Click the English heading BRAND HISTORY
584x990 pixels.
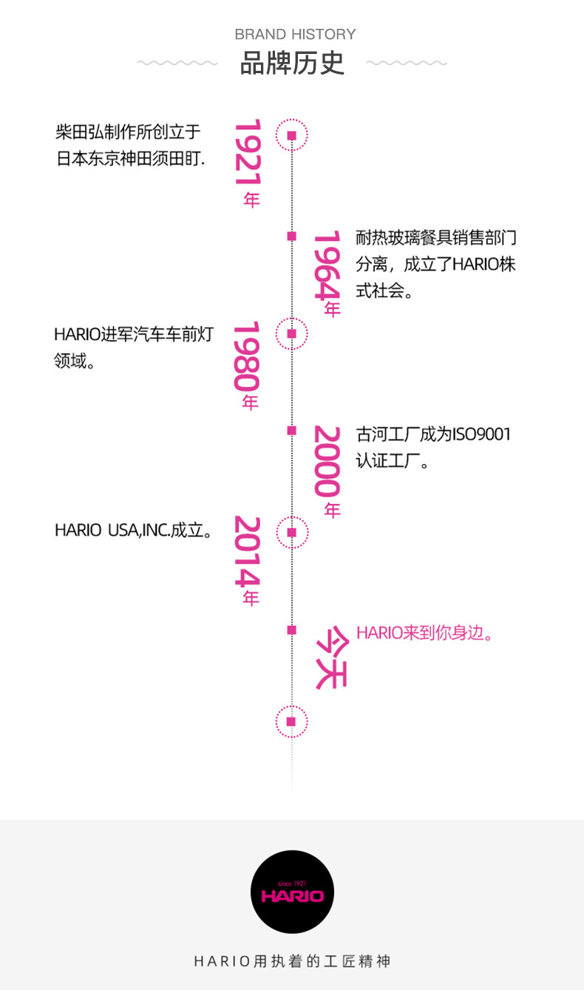click(295, 34)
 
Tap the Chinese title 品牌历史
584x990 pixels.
click(292, 64)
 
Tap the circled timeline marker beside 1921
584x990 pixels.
click(291, 135)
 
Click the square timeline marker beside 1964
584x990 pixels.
click(291, 236)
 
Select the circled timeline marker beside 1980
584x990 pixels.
click(291, 334)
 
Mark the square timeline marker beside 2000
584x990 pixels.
click(291, 430)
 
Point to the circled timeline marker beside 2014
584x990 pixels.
click(291, 532)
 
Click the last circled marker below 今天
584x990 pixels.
click(291, 721)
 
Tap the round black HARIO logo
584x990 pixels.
click(292, 892)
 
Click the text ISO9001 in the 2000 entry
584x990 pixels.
click(481, 434)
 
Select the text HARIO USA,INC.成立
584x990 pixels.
click(134, 531)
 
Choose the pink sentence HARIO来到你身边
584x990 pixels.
click(424, 633)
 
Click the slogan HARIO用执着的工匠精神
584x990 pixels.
click(292, 961)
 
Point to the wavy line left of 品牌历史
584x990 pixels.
click(177, 64)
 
